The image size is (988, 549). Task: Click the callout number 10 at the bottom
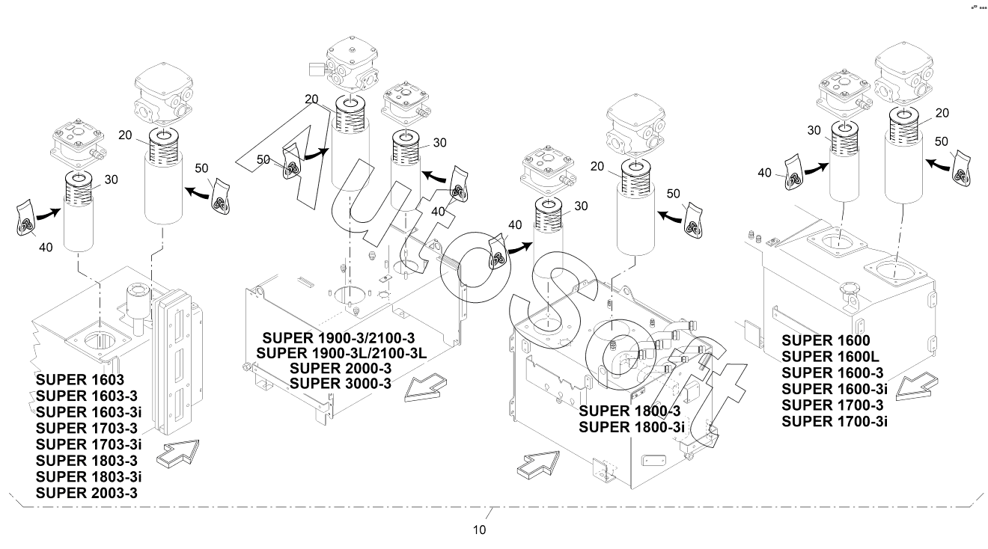[x=480, y=530]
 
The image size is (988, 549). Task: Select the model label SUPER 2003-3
[x=87, y=493]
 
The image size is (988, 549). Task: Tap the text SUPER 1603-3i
[x=88, y=412]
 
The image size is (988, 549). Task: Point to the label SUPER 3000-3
[x=341, y=384]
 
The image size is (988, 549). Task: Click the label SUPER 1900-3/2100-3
[x=339, y=338]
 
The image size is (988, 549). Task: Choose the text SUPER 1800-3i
[x=632, y=427]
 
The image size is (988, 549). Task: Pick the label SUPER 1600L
[x=830, y=357]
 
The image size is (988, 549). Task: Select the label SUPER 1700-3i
[x=835, y=421]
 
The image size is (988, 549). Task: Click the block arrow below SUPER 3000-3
[x=425, y=387]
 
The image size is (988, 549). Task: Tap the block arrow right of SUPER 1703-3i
[x=178, y=453]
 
